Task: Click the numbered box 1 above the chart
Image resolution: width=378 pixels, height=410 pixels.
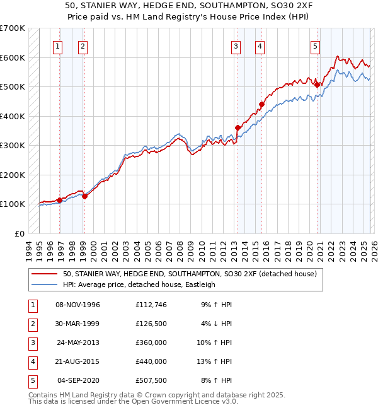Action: (x=57, y=45)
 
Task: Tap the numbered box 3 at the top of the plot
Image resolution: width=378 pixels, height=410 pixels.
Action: (x=236, y=45)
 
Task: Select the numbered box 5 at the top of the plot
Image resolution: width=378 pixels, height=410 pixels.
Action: (x=314, y=45)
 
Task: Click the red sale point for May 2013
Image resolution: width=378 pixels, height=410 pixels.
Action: (x=238, y=128)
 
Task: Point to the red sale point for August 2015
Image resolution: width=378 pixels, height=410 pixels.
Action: (x=261, y=105)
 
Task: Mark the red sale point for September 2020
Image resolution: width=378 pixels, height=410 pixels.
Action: (x=318, y=85)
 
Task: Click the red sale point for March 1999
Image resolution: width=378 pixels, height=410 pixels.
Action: (x=84, y=196)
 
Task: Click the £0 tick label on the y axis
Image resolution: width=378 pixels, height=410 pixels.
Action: (x=20, y=233)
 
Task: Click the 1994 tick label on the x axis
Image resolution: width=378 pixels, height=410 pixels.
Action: (x=29, y=250)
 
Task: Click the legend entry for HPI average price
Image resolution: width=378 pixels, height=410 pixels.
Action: (x=139, y=284)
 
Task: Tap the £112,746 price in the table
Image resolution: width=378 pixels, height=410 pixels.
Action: (x=151, y=305)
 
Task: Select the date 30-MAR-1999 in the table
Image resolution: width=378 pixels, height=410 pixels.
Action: (x=78, y=324)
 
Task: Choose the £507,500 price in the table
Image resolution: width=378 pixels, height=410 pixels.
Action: (x=151, y=380)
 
